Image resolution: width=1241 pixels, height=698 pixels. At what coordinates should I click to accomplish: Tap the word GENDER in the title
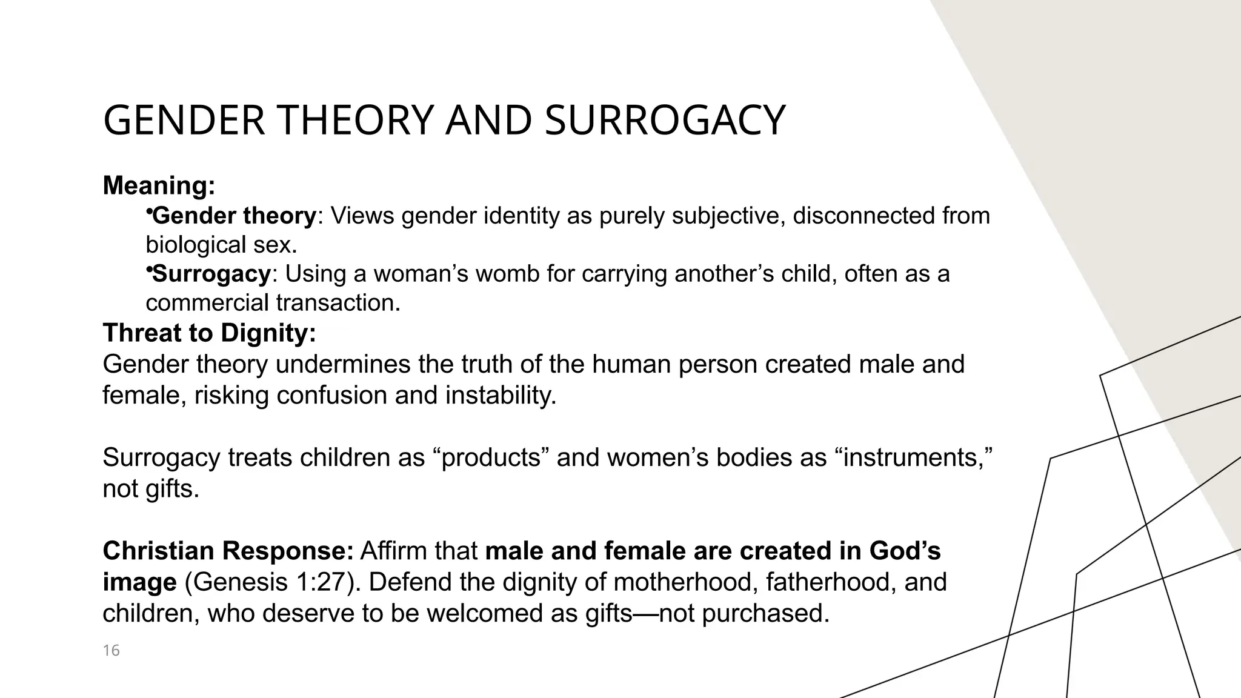pos(184,121)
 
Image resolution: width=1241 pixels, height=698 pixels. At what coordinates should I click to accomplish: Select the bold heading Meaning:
pos(159,185)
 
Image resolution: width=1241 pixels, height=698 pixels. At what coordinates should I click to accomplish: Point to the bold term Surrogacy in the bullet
pos(211,274)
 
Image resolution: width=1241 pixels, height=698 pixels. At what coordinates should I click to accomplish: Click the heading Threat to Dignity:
pos(209,333)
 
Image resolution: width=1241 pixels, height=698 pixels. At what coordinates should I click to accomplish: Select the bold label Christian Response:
pos(228,551)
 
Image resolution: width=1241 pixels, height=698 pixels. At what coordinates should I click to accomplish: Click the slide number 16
pos(111,651)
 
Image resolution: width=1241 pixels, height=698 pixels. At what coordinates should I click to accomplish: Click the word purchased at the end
pos(765,614)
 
